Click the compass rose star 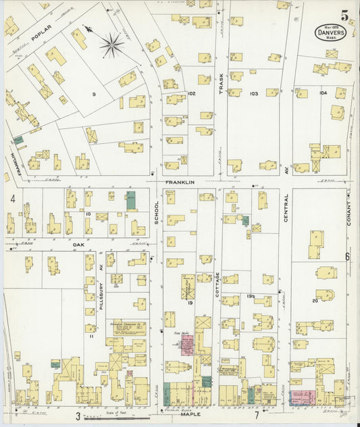[x=111, y=45]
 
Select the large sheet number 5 [x=345, y=14]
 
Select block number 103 [x=254, y=93]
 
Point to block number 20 [x=315, y=300]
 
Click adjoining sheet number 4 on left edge [x=13, y=199]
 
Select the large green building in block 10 [x=130, y=200]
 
